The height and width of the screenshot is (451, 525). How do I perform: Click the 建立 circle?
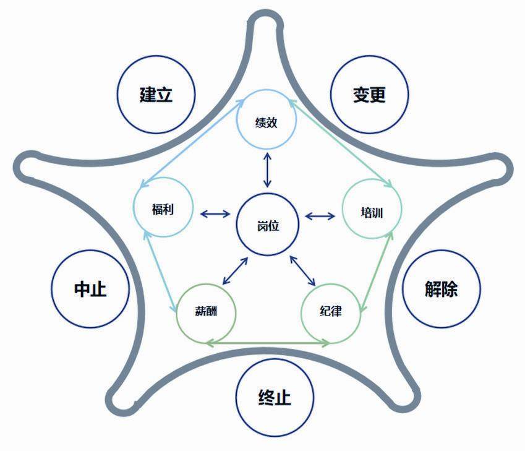(156, 95)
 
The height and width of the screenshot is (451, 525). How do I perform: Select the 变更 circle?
(370, 95)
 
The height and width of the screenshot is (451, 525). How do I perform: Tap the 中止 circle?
(90, 289)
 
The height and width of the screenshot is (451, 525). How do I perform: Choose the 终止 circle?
(275, 396)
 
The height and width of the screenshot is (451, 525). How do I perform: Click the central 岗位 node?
(268, 225)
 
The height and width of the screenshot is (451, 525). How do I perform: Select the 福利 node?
(163, 208)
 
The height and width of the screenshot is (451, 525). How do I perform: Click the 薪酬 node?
(206, 311)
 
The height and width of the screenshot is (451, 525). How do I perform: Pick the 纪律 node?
(330, 311)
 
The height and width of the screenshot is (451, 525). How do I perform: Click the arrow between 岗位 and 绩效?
(267, 169)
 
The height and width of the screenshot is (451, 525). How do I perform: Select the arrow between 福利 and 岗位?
(215, 215)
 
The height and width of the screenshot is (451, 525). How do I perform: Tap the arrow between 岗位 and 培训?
(320, 216)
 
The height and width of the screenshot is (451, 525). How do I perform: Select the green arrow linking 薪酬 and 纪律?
(268, 343)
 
